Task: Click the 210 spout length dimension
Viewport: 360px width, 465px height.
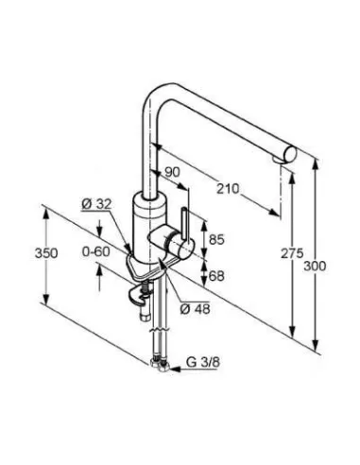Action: tap(228, 189)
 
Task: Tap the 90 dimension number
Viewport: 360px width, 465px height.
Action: tap(172, 172)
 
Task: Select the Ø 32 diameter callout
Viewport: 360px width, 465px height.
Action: tap(96, 204)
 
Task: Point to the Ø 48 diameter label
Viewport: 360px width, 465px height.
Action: tap(195, 309)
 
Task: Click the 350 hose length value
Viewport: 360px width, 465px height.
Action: tap(46, 253)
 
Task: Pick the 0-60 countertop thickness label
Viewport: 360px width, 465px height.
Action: tap(96, 251)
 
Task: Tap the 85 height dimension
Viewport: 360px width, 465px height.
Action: tap(216, 239)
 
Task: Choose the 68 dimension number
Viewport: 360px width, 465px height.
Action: tap(216, 276)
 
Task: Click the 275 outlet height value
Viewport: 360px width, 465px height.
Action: tap(292, 253)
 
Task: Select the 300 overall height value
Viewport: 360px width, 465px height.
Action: tap(315, 267)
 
